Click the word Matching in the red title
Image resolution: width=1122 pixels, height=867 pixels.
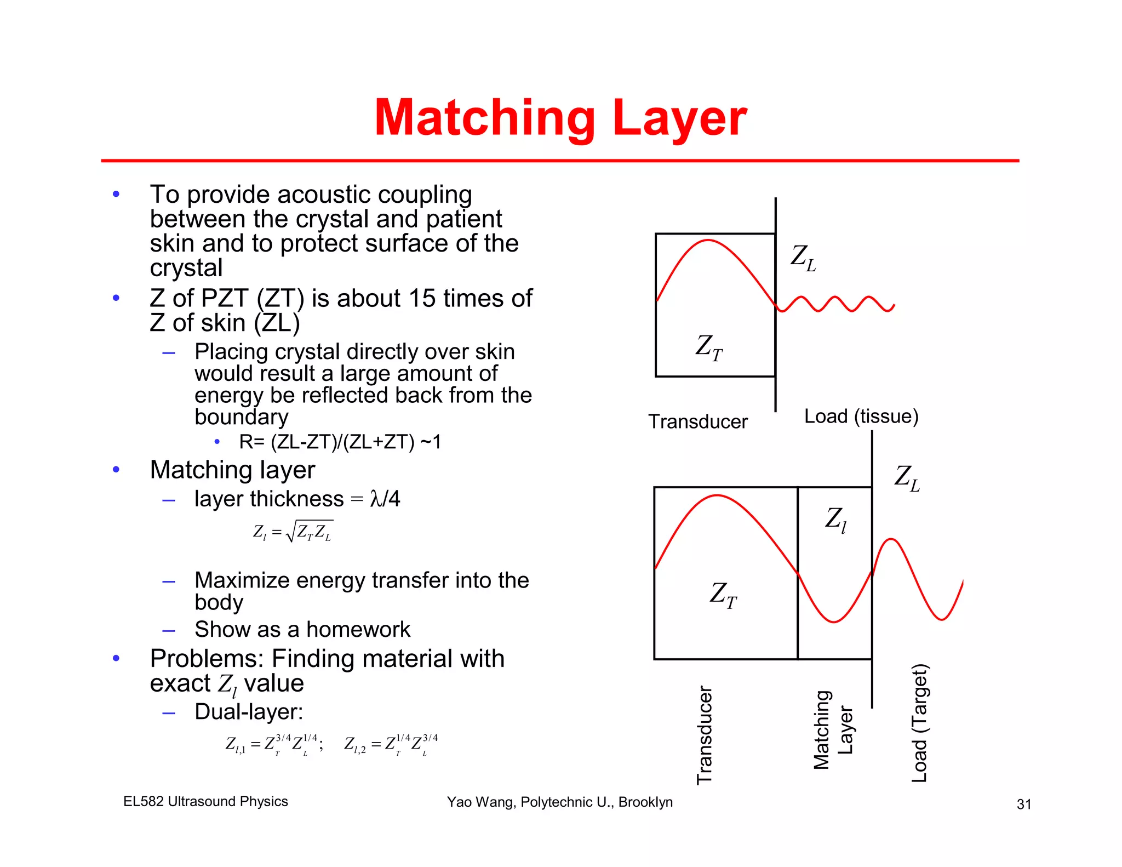coord(485,119)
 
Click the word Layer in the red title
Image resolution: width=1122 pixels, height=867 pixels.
coord(680,119)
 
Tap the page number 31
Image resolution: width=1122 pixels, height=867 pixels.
coord(1023,804)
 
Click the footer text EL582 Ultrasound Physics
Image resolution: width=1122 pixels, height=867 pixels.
coord(205,801)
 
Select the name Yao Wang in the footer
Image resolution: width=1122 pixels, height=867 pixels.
coord(480,802)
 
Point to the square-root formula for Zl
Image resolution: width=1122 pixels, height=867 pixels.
coord(293,532)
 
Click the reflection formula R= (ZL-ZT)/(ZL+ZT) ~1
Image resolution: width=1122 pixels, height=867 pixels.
coord(340,442)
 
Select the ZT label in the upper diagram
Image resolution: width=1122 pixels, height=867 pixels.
coord(709,347)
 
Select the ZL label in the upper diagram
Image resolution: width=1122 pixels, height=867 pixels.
coord(803,258)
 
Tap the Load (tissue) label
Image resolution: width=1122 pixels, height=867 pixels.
coord(861,417)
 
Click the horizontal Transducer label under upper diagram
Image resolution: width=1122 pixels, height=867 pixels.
coord(697,422)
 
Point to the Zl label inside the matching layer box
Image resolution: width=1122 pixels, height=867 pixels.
coord(835,519)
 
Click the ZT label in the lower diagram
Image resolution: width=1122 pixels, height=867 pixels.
coord(723,595)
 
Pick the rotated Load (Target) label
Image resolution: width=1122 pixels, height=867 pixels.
coord(919,723)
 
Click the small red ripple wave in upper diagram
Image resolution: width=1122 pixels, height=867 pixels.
coord(835,304)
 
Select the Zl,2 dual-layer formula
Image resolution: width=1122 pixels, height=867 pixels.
coord(391,745)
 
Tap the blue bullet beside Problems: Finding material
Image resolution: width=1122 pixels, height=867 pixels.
coord(116,658)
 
